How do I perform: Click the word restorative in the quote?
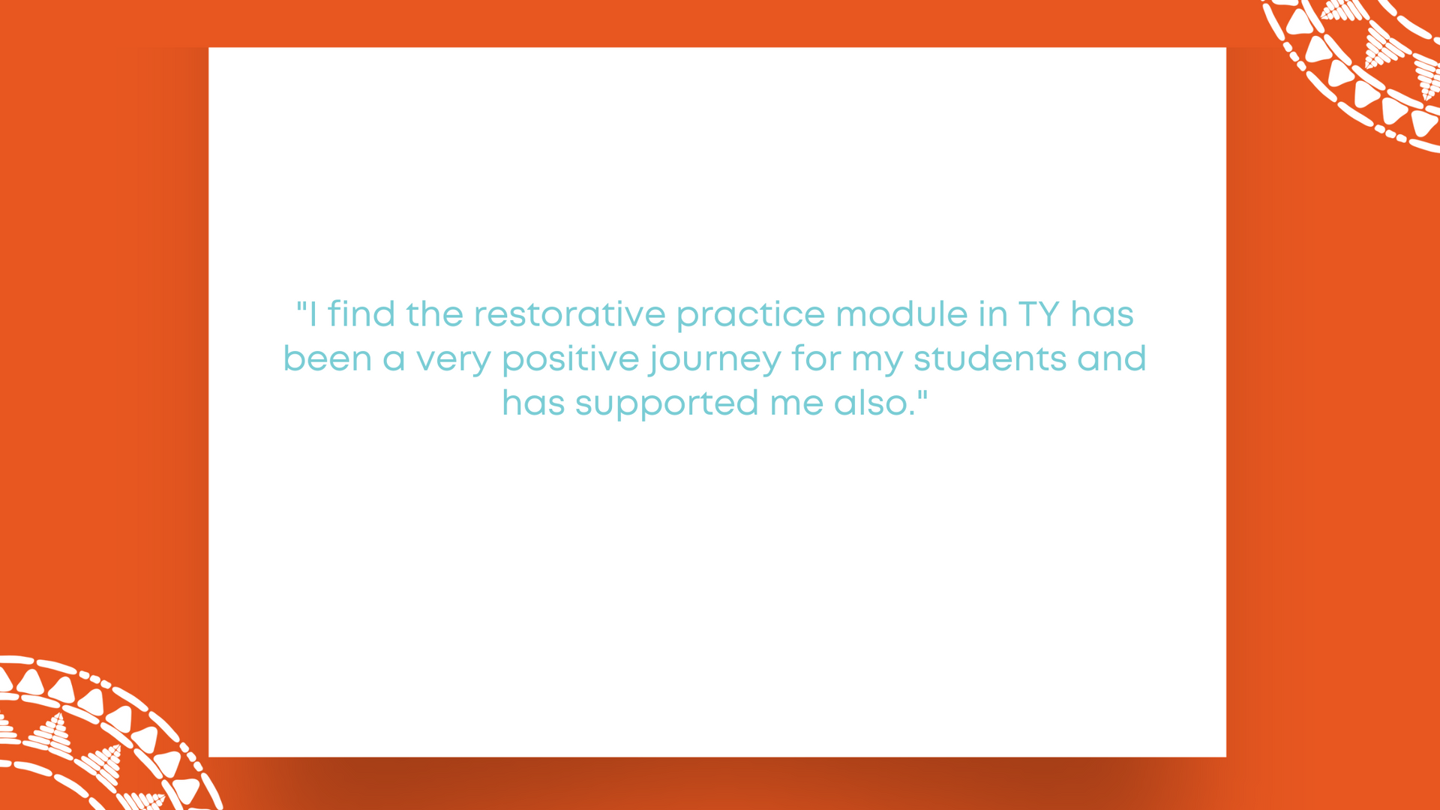[570, 314]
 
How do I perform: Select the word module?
[901, 313]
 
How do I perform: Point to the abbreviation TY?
[1039, 314]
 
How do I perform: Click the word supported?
[667, 404]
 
